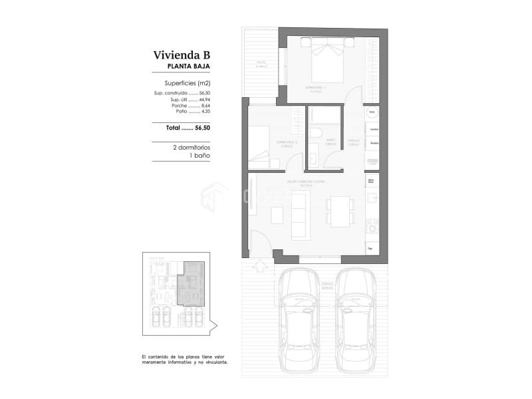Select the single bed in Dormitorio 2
(x=260, y=144)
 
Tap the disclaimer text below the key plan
(x=185, y=360)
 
